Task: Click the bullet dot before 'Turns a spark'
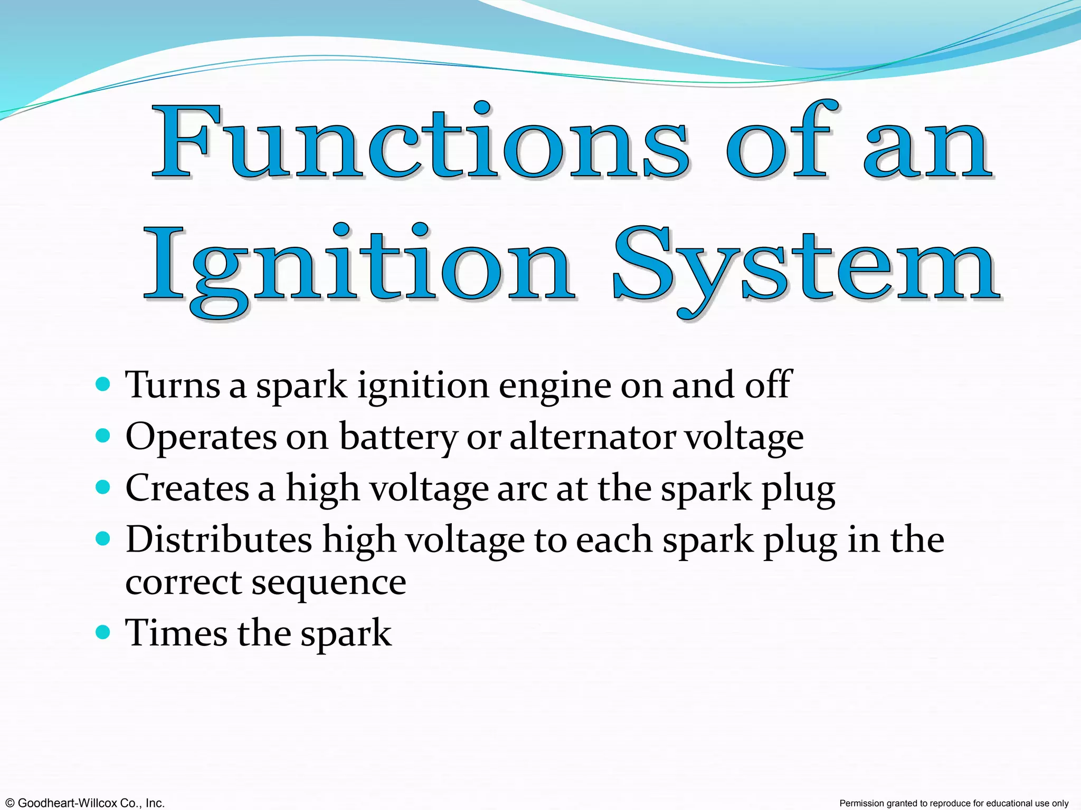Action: [103, 384]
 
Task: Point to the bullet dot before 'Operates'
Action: [103, 436]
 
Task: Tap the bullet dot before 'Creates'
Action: [103, 487]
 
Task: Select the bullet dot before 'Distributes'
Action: [103, 538]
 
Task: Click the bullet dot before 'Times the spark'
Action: [103, 631]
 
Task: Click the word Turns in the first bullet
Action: [172, 385]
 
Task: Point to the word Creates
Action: [187, 488]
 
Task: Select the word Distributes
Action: [219, 540]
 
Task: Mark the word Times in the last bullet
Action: [176, 632]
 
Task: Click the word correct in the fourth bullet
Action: [183, 582]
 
